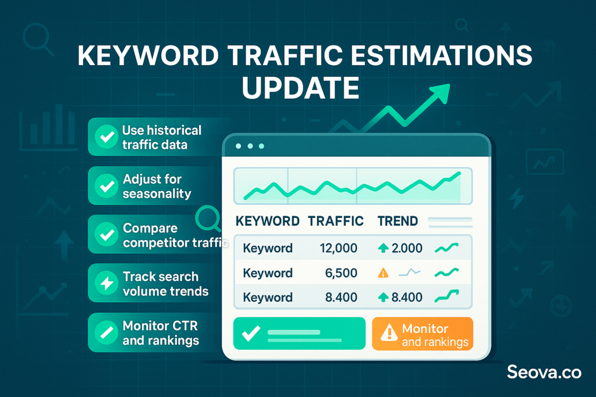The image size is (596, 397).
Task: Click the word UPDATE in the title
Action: click(x=300, y=88)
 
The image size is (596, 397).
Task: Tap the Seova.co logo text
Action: click(x=544, y=373)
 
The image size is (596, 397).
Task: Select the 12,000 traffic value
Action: click(x=338, y=248)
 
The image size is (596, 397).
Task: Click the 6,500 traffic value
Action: click(x=341, y=273)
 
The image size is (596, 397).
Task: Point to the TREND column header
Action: click(x=398, y=221)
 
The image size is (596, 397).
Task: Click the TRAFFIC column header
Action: click(x=336, y=221)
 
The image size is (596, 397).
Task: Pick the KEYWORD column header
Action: click(x=268, y=221)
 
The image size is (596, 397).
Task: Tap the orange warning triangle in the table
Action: click(x=383, y=273)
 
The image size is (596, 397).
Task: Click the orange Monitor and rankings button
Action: click(x=423, y=334)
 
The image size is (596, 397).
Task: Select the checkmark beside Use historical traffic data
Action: click(x=107, y=137)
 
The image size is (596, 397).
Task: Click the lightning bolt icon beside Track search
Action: click(x=107, y=282)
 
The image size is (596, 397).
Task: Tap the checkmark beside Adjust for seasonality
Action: click(x=107, y=186)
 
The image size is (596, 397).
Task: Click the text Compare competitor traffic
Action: click(x=175, y=235)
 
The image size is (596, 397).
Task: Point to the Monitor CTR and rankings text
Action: click(x=161, y=333)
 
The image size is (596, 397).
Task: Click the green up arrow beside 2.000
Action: click(x=383, y=248)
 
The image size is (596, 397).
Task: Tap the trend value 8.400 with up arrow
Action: click(x=400, y=297)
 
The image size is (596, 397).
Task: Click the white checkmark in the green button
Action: click(x=251, y=333)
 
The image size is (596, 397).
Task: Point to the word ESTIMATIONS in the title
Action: click(x=441, y=56)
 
